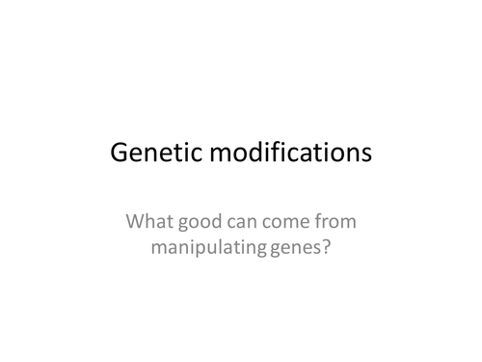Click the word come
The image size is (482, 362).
[287, 223]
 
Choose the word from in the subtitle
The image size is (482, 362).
[335, 222]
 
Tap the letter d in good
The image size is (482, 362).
[216, 222]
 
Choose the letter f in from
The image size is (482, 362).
[317, 221]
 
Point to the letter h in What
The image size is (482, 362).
[156, 222]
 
